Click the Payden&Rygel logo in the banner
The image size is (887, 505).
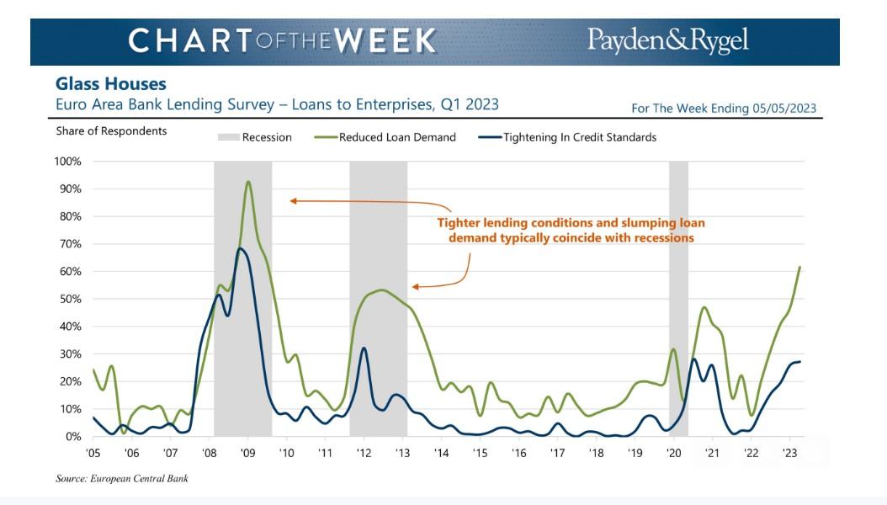[667, 41]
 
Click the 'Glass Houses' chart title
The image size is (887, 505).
[111, 84]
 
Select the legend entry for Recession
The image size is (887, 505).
[254, 137]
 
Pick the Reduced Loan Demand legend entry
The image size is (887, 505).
[385, 137]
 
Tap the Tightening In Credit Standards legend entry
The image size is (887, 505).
[567, 137]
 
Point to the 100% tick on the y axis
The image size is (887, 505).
[68, 162]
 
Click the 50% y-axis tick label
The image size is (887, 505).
[70, 299]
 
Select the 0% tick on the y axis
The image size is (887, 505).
[73, 437]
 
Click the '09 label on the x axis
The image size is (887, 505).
[247, 453]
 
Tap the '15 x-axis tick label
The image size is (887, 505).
[480, 453]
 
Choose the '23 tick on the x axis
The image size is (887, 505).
[789, 453]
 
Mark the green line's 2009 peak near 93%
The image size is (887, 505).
[247, 182]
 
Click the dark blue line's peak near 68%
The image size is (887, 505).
[241, 248]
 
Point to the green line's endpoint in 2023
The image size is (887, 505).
[799, 267]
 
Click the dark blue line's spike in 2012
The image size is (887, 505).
[364, 348]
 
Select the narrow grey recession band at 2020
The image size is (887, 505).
[678, 299]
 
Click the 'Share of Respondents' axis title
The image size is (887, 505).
[111, 131]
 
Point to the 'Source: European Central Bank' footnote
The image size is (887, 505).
[122, 478]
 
